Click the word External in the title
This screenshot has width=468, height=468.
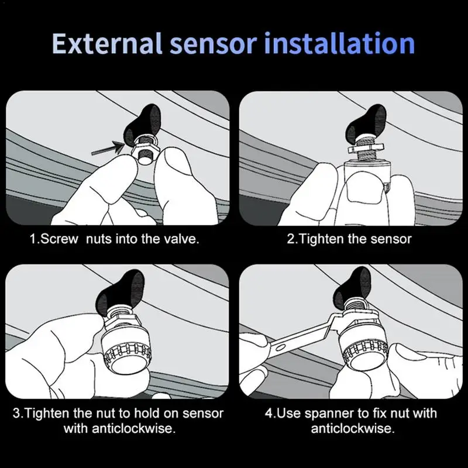pos(107,43)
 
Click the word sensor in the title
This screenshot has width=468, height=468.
pos(213,46)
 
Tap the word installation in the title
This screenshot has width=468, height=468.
pos(339,43)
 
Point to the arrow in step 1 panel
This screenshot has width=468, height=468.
pos(108,148)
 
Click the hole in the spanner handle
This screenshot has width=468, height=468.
pos(280,347)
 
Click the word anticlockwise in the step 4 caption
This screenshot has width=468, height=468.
pos(353,429)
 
